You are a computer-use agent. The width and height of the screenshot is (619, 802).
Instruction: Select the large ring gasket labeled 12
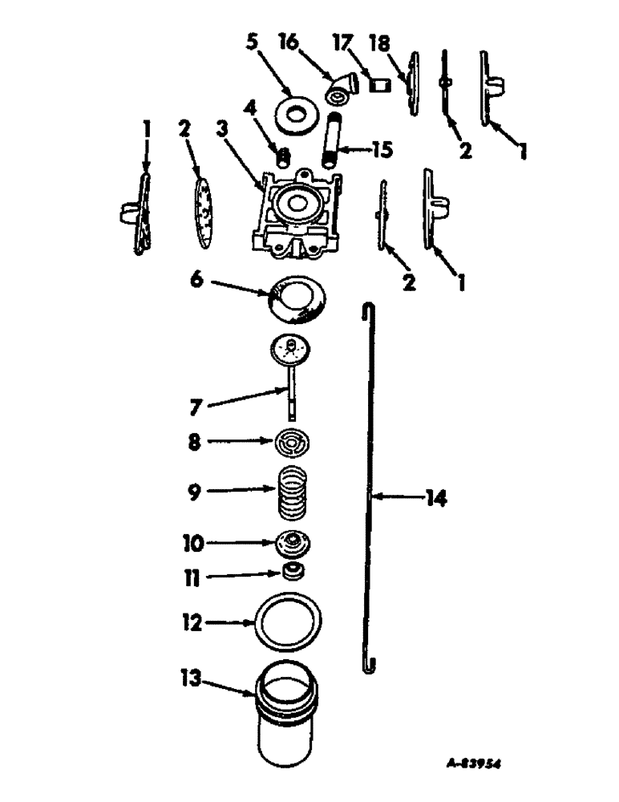[x=290, y=619]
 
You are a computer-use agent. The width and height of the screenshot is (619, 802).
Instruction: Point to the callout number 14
[x=435, y=500]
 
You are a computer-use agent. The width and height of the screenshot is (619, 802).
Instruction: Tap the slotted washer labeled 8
[x=293, y=444]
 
